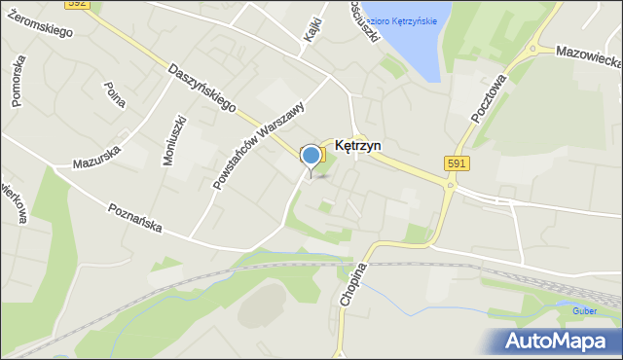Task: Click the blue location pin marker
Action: pos(311,157)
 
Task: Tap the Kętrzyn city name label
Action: pos(357,145)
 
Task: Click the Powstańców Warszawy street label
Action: pos(256,147)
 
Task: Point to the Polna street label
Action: pos(116,94)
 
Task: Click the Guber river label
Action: pos(585,311)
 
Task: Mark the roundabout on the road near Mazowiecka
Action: pos(532,50)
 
